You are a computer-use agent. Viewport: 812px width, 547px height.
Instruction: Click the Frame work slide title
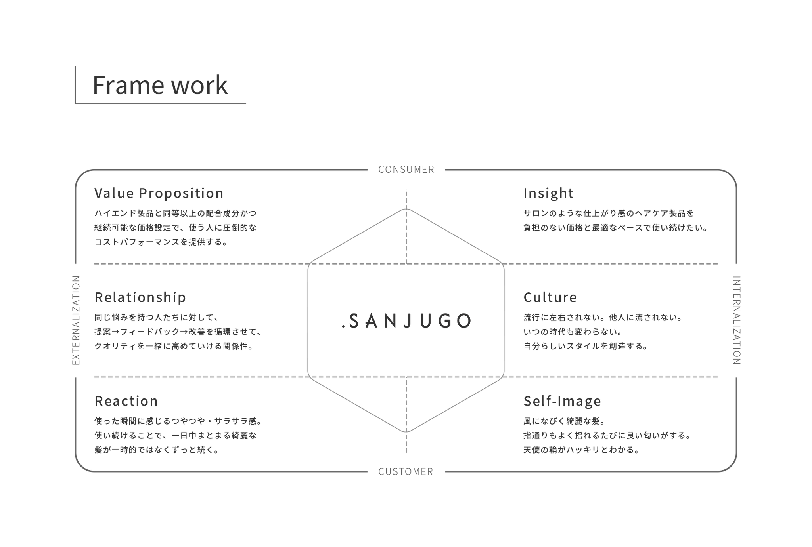click(160, 85)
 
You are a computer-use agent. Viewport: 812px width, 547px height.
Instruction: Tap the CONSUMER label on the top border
click(406, 170)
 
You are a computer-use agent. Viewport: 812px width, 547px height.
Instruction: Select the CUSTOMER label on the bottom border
click(406, 471)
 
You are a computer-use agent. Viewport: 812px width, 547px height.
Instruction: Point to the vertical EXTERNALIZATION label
click(76, 320)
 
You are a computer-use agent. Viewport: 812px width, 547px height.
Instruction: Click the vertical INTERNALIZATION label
click(736, 320)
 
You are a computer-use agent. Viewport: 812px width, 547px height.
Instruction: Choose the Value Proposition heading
click(159, 193)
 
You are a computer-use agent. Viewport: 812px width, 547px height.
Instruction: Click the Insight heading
click(548, 193)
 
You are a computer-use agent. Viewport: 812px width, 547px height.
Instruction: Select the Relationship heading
click(140, 297)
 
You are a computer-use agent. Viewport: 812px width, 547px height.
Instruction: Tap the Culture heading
click(550, 297)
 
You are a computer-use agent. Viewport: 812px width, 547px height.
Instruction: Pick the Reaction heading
click(126, 401)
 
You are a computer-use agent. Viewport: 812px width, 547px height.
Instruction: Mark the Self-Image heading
click(562, 401)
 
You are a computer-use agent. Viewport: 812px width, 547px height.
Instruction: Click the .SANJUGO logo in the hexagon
click(406, 321)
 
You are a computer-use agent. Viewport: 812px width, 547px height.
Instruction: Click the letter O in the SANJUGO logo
click(463, 321)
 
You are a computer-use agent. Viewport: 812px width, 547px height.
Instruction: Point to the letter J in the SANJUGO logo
click(408, 321)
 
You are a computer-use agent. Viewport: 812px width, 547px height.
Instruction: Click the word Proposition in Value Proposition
click(181, 193)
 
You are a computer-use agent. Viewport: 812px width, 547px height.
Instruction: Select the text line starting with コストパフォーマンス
click(161, 242)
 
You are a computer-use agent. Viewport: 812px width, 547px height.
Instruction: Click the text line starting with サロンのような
click(609, 213)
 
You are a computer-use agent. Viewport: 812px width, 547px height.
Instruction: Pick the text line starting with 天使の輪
click(582, 450)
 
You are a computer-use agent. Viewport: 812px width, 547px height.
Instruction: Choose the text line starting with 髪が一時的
click(157, 450)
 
